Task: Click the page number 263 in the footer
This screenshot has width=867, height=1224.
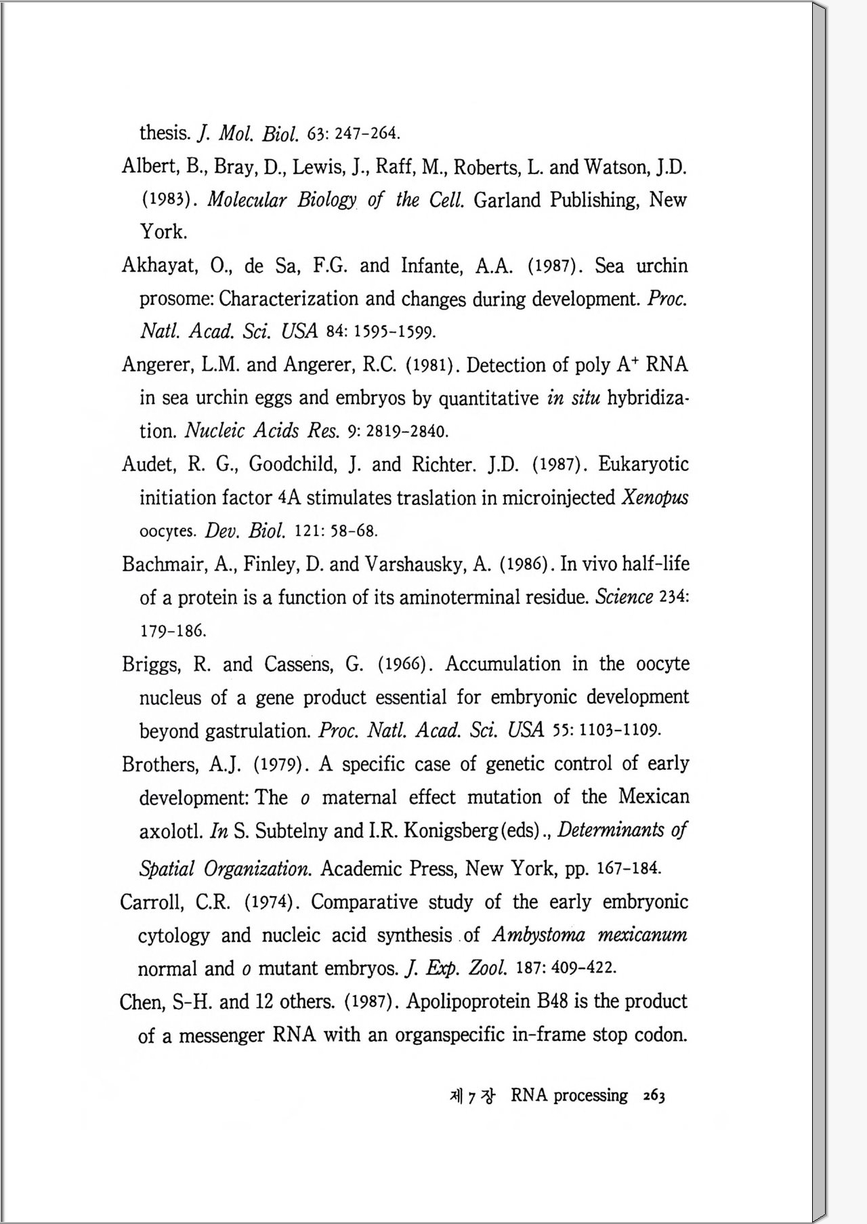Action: click(x=654, y=1096)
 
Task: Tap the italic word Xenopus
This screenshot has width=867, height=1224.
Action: click(x=654, y=498)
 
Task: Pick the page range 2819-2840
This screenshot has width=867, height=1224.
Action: click(x=407, y=431)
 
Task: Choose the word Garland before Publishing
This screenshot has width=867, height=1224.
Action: click(x=507, y=200)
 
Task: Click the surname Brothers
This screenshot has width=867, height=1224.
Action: click(x=161, y=764)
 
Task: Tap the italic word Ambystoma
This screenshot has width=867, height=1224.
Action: click(x=538, y=935)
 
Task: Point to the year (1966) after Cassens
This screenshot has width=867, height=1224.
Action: click(x=405, y=664)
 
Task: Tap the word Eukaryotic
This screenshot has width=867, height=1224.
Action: click(x=643, y=465)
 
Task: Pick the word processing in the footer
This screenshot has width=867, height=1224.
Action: click(x=590, y=1096)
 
